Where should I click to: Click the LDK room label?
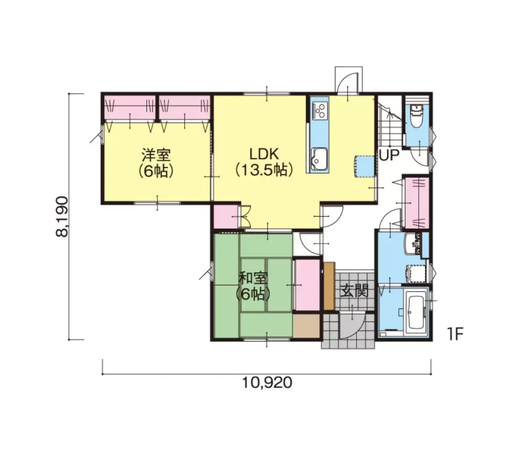click(x=264, y=155)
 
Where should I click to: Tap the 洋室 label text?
click(x=156, y=155)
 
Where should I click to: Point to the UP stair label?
click(x=388, y=156)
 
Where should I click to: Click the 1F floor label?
click(x=455, y=335)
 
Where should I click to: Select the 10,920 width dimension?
click(x=267, y=383)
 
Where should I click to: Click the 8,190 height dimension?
click(x=62, y=217)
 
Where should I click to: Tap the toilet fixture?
click(x=416, y=115)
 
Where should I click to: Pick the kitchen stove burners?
click(x=320, y=111)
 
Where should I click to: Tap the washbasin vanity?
click(x=413, y=244)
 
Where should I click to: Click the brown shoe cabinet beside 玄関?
click(x=329, y=286)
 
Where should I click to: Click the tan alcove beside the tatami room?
click(x=307, y=326)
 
